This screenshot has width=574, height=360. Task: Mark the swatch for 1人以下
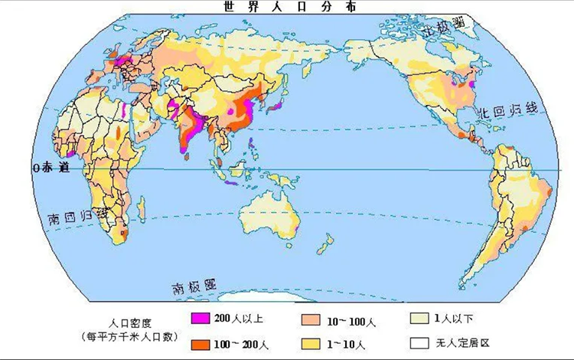[419, 317]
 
